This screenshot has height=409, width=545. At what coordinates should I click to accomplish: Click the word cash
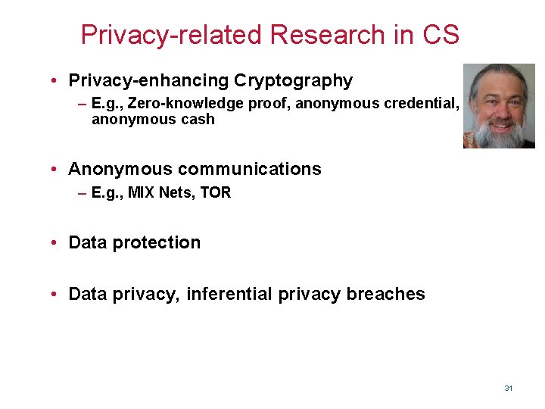pyautogui.click(x=198, y=119)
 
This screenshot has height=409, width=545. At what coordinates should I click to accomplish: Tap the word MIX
pyautogui.click(x=141, y=192)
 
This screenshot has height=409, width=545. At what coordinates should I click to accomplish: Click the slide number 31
pyautogui.click(x=508, y=388)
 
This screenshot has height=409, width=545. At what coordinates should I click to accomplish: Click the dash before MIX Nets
pyautogui.click(x=82, y=192)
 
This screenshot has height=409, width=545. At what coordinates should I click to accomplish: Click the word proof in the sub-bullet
pyautogui.click(x=271, y=103)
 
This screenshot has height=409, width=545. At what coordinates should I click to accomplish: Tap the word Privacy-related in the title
pyautogui.click(x=170, y=35)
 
